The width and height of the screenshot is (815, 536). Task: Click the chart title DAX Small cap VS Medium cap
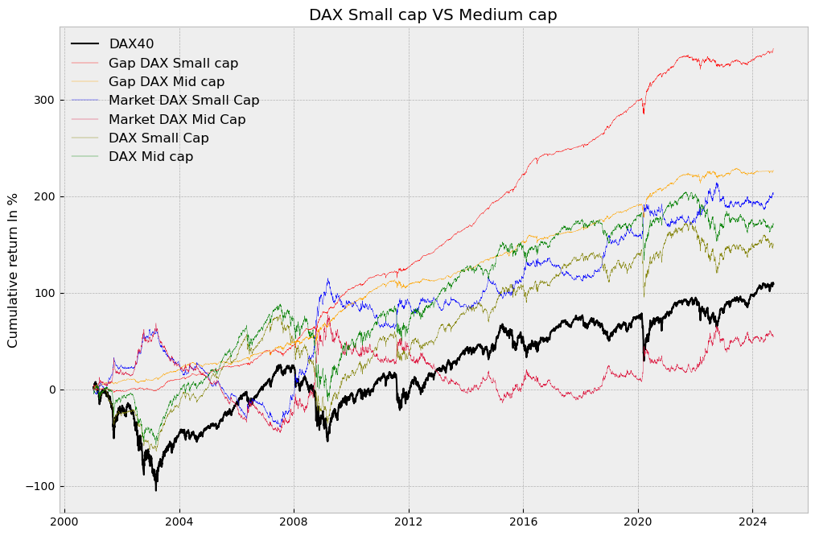point(433,14)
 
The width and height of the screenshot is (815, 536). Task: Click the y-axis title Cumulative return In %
point(13,270)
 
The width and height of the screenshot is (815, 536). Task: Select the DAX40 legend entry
point(131,44)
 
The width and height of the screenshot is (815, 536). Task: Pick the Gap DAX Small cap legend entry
point(173,63)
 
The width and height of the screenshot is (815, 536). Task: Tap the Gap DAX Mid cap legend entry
point(167,82)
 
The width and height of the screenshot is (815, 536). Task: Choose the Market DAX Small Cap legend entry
point(183,101)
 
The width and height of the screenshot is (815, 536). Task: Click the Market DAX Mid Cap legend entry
point(177,119)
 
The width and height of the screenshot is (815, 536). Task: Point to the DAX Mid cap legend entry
point(150,157)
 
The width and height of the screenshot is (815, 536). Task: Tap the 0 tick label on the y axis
point(50,390)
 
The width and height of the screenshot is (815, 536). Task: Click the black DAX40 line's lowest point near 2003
point(156,490)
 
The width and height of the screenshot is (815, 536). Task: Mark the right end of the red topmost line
point(773,50)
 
